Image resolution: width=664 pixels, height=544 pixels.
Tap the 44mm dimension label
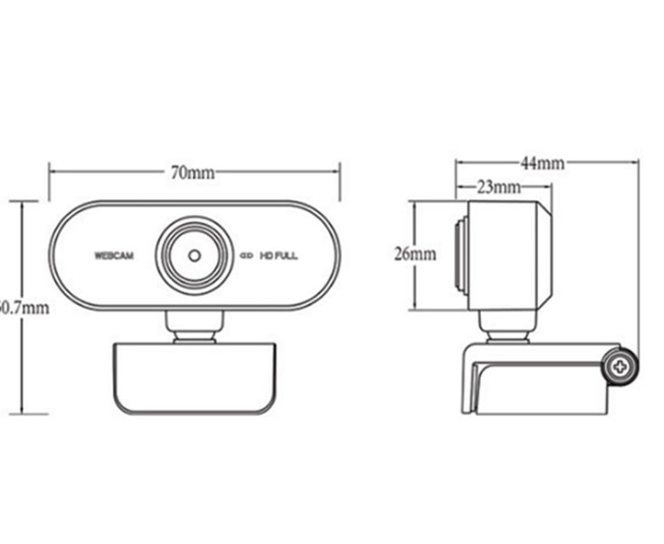pos(543,163)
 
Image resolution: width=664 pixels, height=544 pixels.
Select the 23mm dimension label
pos(498,188)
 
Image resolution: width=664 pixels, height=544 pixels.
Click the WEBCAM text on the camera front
pos(113,256)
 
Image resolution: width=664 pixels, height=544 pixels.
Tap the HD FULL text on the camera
pos(279,256)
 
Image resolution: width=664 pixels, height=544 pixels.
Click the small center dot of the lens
pos(194,255)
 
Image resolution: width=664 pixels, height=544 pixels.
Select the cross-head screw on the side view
pos(621,367)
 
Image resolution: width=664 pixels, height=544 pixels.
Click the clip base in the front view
pos(193,379)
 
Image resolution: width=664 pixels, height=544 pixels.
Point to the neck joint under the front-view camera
pos(194,327)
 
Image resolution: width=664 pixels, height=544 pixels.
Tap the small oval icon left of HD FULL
pos(245,256)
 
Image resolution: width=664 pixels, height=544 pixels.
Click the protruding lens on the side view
pos(461,255)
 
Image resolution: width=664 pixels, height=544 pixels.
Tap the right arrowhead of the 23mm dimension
pos(548,188)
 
